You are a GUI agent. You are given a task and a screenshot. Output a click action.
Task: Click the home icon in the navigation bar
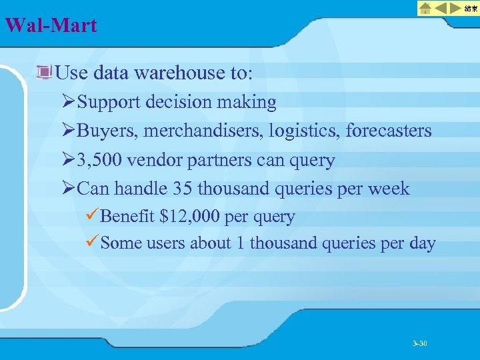425,8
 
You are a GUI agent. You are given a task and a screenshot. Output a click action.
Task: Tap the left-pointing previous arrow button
441,8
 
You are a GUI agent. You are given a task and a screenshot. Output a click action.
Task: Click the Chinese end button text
471,8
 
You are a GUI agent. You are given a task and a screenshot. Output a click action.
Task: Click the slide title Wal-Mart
51,26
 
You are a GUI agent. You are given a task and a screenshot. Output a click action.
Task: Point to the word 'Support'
109,102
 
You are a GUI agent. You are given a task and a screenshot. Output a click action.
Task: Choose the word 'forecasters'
389,131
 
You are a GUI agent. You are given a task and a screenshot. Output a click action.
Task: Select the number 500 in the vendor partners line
113,160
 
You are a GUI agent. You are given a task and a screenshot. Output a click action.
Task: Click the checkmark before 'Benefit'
93,216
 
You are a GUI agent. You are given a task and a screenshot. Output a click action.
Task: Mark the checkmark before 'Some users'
93,243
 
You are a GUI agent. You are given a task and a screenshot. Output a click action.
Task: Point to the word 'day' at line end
422,243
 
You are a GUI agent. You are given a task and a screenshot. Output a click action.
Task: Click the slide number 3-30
419,343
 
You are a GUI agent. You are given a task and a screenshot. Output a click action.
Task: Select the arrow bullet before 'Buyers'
68,131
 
